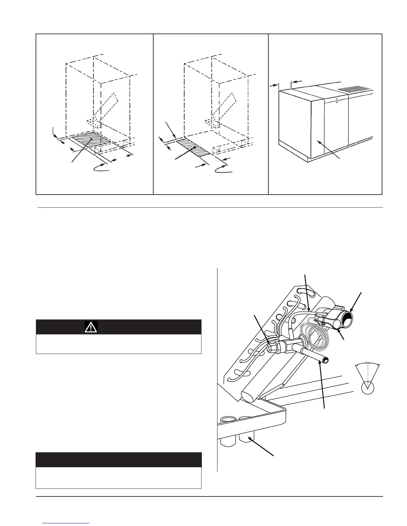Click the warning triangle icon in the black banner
pyautogui.click(x=91, y=327)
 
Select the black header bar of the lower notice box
pyautogui.click(x=119, y=460)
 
